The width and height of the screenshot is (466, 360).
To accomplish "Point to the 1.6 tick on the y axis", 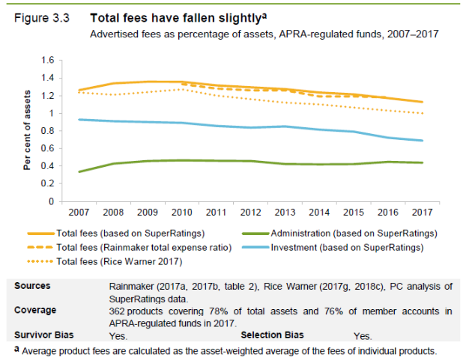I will click(x=48, y=60).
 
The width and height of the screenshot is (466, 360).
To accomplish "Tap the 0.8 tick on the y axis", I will click(x=48, y=131).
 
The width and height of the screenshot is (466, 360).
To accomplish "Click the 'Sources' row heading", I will click(x=34, y=286).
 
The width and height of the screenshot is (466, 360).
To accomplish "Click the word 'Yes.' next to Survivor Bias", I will click(x=118, y=336).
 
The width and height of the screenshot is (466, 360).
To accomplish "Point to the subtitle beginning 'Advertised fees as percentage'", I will click(x=263, y=34).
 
